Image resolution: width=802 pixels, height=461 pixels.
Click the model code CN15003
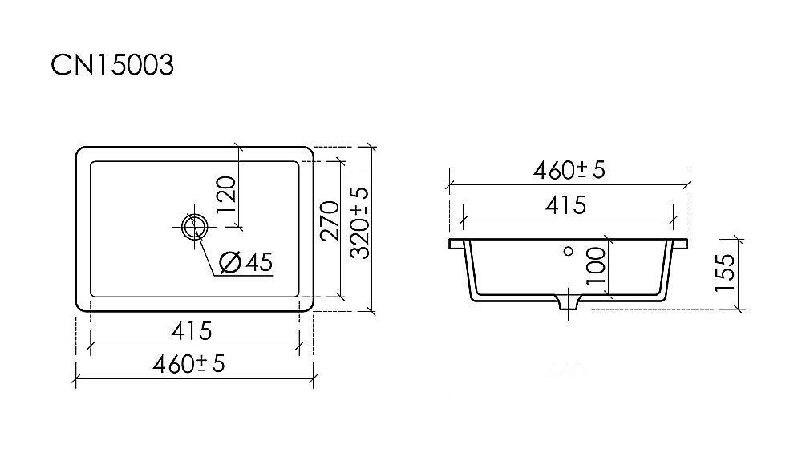pos(112,67)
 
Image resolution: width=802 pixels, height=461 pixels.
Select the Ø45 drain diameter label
pos(246,261)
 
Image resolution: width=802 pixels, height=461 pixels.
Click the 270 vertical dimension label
pos(329,221)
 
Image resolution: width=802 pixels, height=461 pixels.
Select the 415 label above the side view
pos(566,205)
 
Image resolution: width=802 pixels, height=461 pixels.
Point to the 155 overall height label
pos(726,272)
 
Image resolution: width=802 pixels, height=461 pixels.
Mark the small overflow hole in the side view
pos(568,251)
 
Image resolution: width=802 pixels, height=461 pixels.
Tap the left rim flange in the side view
pos(456,241)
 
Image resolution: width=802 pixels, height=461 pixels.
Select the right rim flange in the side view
pos(679,241)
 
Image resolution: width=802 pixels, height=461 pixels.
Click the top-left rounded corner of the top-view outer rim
pos(80,152)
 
